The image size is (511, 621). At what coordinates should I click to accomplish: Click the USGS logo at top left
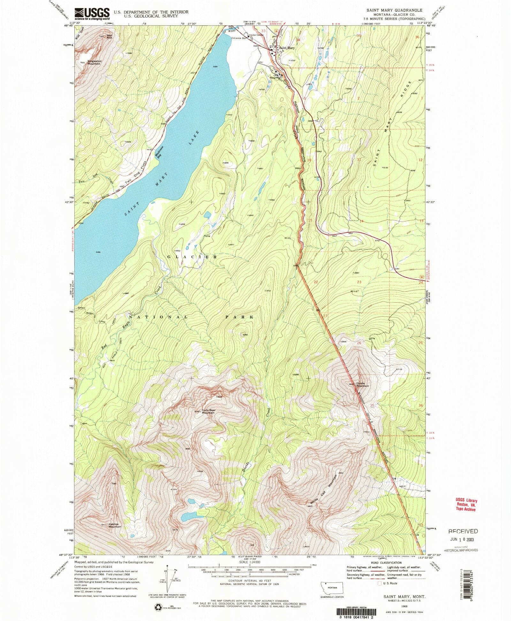coord(92,13)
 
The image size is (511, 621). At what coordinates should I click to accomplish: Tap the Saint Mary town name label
coord(286,48)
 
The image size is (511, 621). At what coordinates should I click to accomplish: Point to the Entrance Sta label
coord(239,38)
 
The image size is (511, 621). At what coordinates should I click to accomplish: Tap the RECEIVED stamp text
coord(463,531)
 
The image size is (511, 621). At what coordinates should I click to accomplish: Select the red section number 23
coord(359,282)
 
